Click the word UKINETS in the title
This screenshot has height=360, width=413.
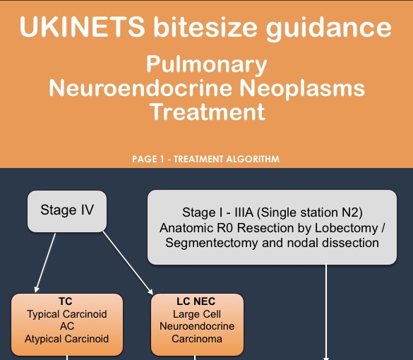(82, 27)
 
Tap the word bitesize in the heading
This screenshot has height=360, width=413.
(205, 27)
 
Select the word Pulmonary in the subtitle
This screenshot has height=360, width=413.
(207, 65)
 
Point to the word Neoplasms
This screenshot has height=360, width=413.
(302, 88)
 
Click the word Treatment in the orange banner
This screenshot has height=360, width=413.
(208, 112)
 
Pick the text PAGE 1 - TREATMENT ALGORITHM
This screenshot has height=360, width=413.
(205, 159)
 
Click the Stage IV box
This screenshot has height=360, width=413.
(67, 212)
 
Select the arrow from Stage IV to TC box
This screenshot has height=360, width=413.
(45, 263)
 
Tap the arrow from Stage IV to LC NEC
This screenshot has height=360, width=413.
(128, 263)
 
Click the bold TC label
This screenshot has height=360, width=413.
(66, 301)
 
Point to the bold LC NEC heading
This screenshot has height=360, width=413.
(196, 301)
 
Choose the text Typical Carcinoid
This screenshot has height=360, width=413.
(67, 314)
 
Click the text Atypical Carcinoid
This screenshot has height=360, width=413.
(66, 339)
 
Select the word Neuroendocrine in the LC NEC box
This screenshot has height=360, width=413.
(197, 326)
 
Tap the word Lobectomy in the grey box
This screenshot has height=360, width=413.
(347, 228)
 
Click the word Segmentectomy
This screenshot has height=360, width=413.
(212, 243)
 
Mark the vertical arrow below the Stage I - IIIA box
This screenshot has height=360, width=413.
(326, 312)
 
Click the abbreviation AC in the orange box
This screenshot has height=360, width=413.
(67, 326)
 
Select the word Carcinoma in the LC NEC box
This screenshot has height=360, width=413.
(197, 339)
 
